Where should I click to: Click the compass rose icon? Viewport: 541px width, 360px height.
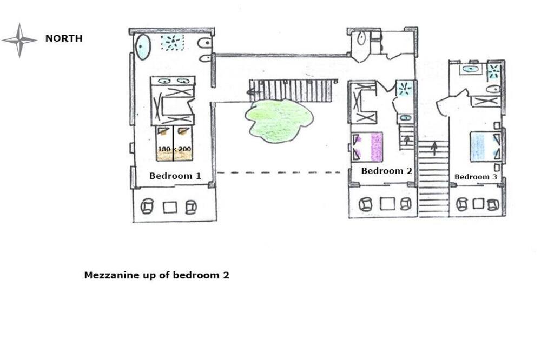(x=19, y=41)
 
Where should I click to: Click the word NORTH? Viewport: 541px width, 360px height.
(x=64, y=38)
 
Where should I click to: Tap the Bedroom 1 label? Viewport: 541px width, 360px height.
(x=175, y=176)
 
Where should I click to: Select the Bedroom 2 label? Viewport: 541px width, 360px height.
(x=386, y=171)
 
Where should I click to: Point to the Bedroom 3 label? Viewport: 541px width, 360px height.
(x=476, y=177)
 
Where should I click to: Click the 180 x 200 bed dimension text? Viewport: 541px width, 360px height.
(x=175, y=149)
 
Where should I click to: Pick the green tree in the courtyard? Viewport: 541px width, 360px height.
(x=279, y=121)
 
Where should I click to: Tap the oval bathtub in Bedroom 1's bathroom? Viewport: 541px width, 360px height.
(x=143, y=47)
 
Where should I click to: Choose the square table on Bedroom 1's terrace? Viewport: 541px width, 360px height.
(x=170, y=207)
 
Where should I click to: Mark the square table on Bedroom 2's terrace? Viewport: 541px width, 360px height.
(x=387, y=203)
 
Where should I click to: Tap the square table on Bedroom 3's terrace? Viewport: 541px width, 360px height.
(x=478, y=203)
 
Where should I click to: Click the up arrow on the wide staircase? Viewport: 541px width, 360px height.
(x=434, y=148)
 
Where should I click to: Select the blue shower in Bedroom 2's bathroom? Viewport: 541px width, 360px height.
(x=404, y=89)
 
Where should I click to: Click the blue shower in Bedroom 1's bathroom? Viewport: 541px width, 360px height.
(x=172, y=42)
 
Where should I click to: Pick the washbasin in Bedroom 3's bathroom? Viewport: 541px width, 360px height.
(x=471, y=69)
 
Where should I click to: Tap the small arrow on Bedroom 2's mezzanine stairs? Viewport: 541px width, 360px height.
(x=407, y=139)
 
